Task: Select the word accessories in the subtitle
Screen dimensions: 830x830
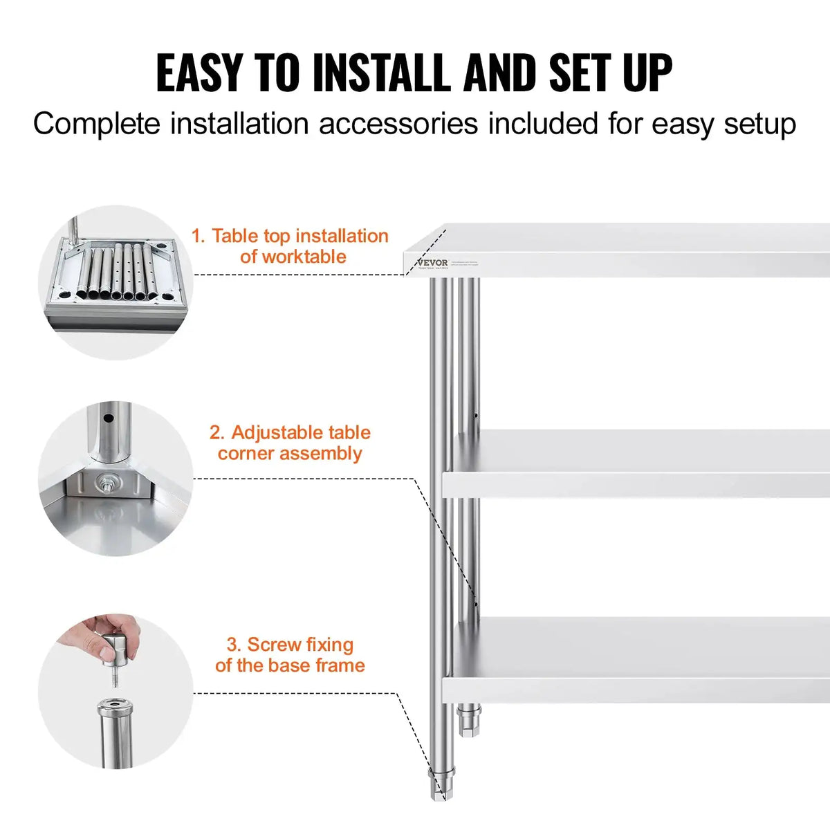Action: click(x=398, y=124)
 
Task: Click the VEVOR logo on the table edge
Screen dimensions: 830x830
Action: click(x=433, y=263)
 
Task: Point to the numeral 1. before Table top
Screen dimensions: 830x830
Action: click(x=198, y=237)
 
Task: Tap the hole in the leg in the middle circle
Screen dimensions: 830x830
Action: click(x=109, y=418)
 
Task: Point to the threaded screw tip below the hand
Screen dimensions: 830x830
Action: click(x=115, y=681)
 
